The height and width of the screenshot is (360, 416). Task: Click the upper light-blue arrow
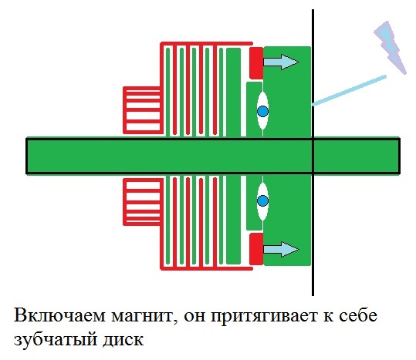(x=281, y=62)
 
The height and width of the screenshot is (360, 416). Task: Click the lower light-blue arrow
(x=281, y=249)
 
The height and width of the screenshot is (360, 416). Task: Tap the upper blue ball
(x=263, y=111)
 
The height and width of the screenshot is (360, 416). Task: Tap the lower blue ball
(x=263, y=200)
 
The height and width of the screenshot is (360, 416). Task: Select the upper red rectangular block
(x=256, y=63)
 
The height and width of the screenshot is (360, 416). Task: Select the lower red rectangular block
(x=256, y=249)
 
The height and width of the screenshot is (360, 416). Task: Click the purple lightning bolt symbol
(x=391, y=48)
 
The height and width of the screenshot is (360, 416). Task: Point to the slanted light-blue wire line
(x=349, y=91)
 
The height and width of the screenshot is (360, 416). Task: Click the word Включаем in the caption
(x=59, y=315)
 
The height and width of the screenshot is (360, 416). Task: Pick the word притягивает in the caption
(x=264, y=316)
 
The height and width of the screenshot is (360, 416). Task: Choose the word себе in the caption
(x=356, y=315)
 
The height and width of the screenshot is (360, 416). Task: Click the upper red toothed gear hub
(x=143, y=110)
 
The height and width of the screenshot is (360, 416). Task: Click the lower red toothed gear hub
(x=143, y=202)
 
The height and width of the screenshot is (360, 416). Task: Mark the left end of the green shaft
(x=26, y=156)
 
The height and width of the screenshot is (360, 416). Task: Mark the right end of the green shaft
(x=400, y=156)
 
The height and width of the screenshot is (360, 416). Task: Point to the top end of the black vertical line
(x=313, y=10)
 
